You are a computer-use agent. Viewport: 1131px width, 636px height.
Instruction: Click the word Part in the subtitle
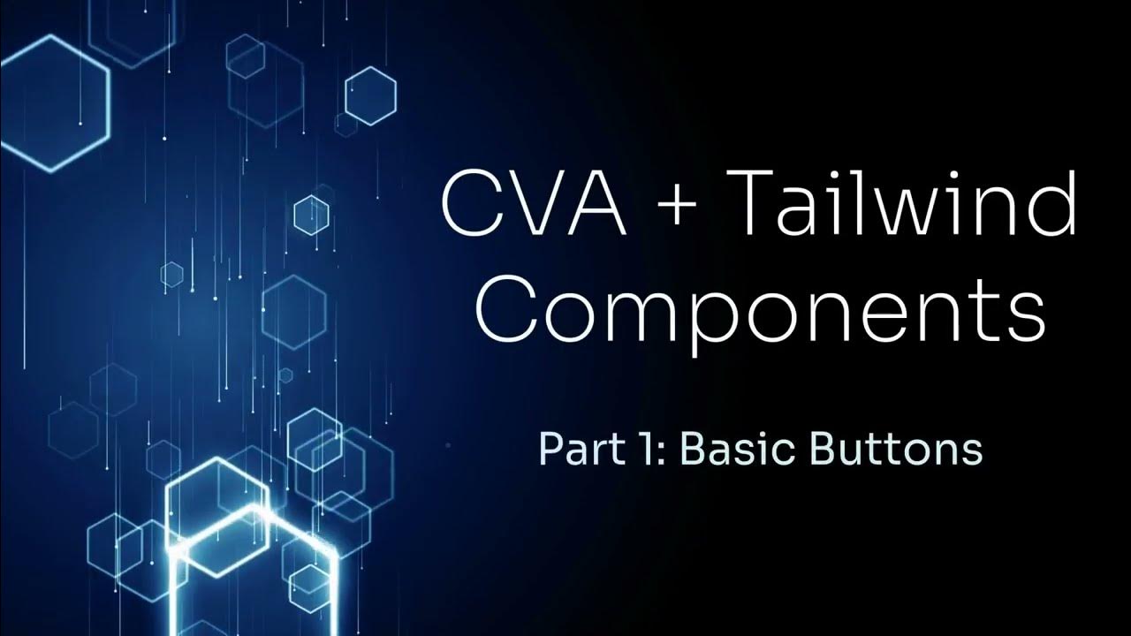567,450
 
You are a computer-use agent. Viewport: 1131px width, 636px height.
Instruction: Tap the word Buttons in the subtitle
884,450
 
